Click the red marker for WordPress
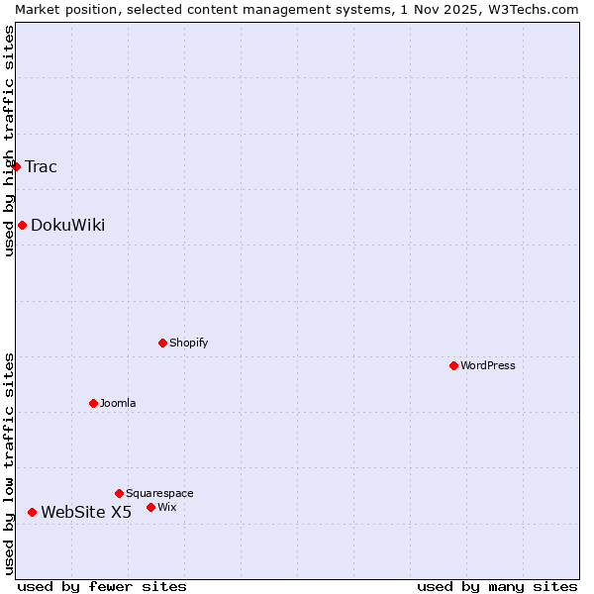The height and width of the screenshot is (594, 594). tap(453, 365)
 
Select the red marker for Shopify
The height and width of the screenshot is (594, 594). tap(162, 343)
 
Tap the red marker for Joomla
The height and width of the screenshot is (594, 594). tap(93, 403)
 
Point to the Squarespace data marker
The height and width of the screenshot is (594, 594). tap(119, 493)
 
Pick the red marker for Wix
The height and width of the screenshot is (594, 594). tap(150, 507)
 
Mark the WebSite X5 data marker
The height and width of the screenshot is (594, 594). tap(32, 512)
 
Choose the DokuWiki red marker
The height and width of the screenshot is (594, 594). tap(22, 225)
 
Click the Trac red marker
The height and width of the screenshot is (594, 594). tap(17, 166)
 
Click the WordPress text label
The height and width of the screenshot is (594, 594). tap(488, 365)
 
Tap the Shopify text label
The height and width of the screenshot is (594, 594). tap(188, 343)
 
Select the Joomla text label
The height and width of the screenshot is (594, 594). tap(118, 403)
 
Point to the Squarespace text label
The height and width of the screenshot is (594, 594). tap(159, 493)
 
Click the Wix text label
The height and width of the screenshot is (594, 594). tap(166, 507)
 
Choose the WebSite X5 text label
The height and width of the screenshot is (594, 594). tap(86, 512)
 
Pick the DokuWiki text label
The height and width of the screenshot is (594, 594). tap(67, 225)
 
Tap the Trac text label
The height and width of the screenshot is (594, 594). tap(41, 166)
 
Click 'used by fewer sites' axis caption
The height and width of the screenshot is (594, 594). tap(102, 586)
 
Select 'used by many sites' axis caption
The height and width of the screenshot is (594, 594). tap(497, 586)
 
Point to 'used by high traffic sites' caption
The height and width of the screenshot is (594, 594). tap(9, 141)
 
